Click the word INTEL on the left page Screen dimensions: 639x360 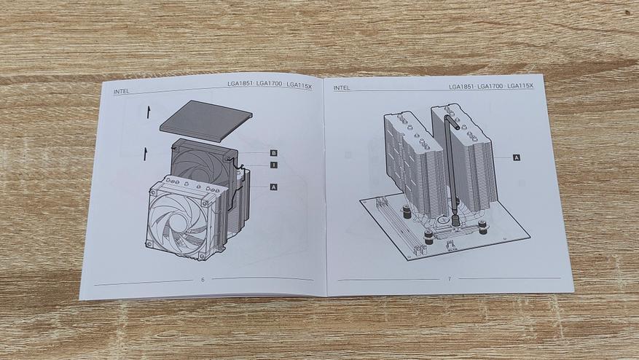pos(121,92)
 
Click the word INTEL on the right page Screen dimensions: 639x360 pos(342,87)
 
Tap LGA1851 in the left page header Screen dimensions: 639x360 pos(240,84)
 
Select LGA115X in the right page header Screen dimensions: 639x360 pos(520,85)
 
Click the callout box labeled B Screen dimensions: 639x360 pos(274,153)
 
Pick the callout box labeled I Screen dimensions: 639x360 pos(274,165)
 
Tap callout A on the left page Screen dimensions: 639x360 pos(274,187)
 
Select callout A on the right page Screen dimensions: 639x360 pos(517,157)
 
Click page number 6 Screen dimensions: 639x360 pos(203,280)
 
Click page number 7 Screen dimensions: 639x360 pos(450,279)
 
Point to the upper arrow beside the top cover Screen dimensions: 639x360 pos(149,111)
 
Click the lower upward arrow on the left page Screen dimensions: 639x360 pos(145,154)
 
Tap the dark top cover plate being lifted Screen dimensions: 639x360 pos(205,121)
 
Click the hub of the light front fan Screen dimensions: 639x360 pos(176,221)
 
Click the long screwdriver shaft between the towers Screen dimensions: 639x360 pos(452,171)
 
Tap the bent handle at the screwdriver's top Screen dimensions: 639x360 pos(452,122)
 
